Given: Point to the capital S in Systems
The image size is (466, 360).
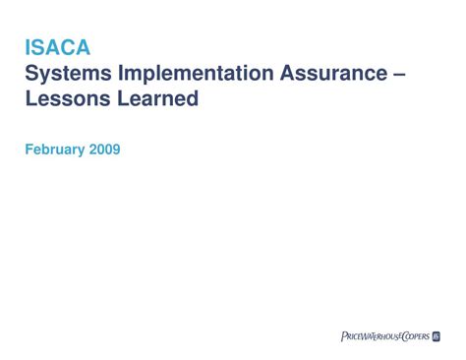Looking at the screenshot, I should coord(31,73).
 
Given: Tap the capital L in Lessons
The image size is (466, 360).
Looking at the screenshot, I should coord(30,98).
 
